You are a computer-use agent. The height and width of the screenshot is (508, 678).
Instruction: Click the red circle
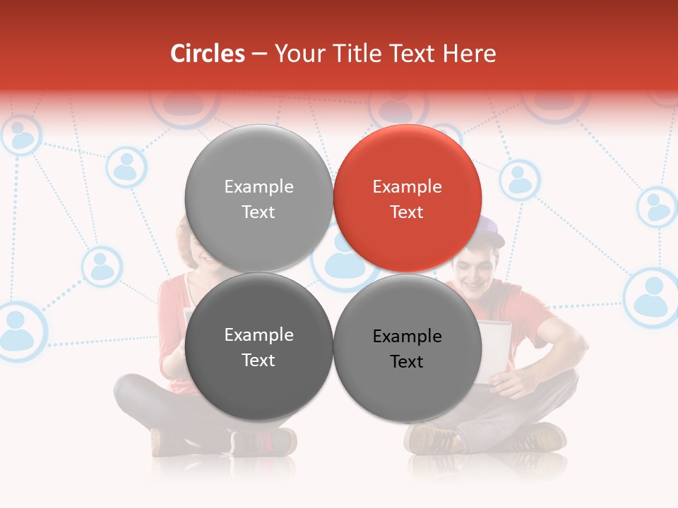408,198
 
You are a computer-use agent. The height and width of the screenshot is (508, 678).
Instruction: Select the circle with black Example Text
408,348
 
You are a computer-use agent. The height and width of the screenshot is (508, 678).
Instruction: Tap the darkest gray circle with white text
258,346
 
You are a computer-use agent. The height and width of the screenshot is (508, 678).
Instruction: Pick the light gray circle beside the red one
258,198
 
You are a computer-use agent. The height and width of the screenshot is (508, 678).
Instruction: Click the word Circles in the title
208,54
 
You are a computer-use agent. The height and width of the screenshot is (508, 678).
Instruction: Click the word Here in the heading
470,54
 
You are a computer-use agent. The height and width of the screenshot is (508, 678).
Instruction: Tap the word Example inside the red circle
407,187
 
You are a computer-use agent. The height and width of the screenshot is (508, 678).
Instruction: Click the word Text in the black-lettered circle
407,362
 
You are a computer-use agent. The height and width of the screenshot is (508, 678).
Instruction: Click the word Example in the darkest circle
258,335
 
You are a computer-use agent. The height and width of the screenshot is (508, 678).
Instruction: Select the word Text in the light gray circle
258,212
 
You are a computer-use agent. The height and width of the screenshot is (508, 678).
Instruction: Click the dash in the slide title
259,54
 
